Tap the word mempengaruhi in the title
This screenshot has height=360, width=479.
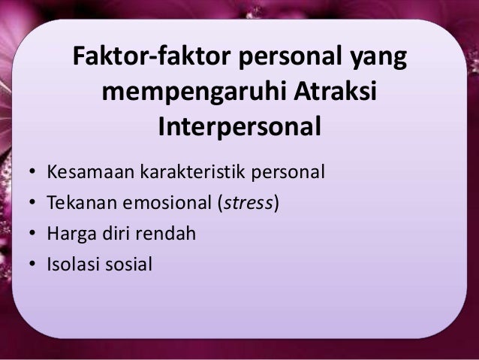[x=191, y=94]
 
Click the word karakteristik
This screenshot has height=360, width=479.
[x=186, y=174]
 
